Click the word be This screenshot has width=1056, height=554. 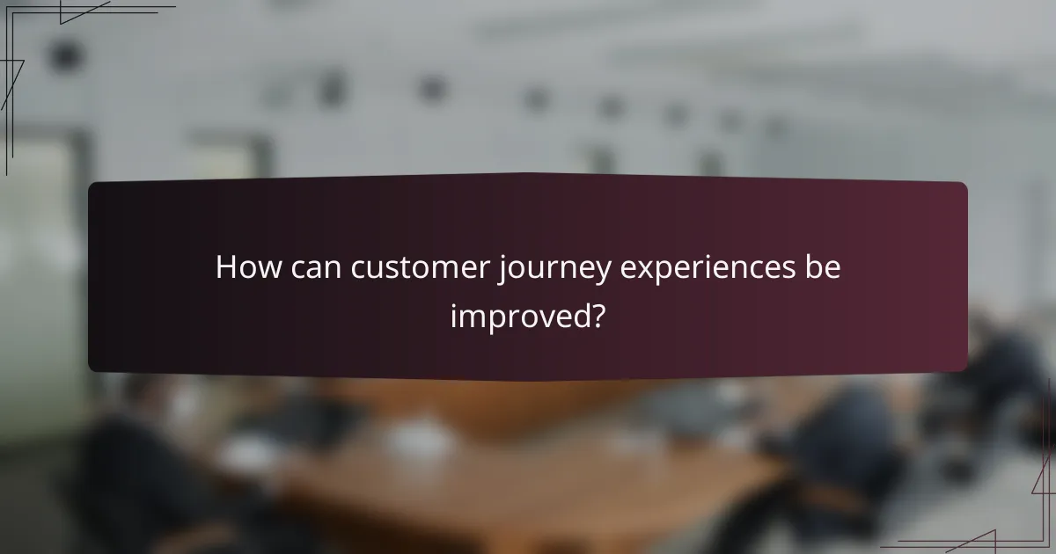click(x=823, y=268)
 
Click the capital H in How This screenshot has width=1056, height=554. click(x=227, y=268)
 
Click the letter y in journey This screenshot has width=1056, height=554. click(x=601, y=273)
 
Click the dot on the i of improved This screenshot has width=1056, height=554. click(x=455, y=303)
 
